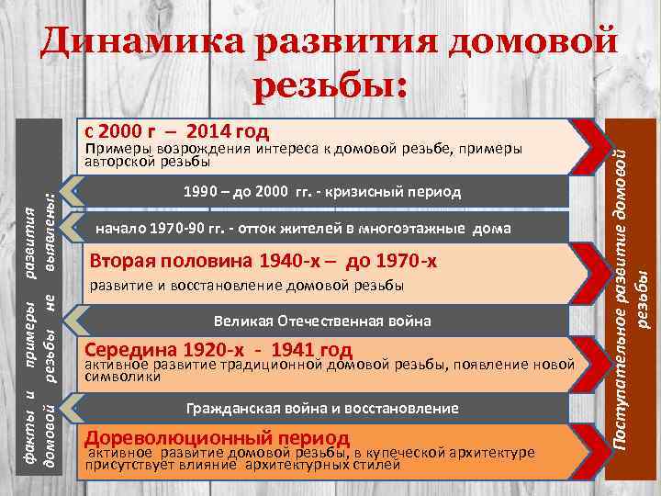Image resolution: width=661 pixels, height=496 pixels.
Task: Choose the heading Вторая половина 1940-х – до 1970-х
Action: tap(263, 263)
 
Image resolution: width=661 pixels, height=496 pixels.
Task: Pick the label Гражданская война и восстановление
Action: tap(322, 407)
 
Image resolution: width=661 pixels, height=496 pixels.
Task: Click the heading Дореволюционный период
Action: tap(217, 436)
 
